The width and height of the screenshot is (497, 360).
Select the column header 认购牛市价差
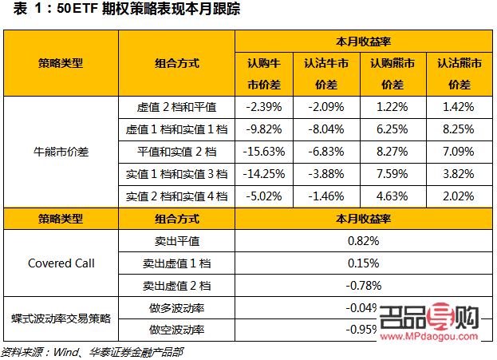click(x=264, y=73)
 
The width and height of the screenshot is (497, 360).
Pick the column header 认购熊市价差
click(x=392, y=73)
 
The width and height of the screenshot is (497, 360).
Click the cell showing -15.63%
click(x=264, y=151)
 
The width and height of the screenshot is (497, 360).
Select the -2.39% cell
click(x=264, y=106)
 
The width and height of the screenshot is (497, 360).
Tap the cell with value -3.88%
click(x=326, y=173)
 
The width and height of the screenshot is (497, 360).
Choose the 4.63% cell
click(x=392, y=196)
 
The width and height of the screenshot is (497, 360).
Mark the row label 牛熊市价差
click(x=61, y=151)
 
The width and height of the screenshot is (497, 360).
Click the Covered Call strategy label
click(x=61, y=263)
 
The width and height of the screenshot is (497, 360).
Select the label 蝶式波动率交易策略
click(x=61, y=318)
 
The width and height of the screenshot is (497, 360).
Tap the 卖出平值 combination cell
click(x=176, y=240)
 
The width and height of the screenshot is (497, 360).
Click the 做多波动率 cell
click(x=176, y=307)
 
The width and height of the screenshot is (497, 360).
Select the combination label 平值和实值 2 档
click(x=176, y=151)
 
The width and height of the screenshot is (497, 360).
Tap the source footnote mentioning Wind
click(x=93, y=351)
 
